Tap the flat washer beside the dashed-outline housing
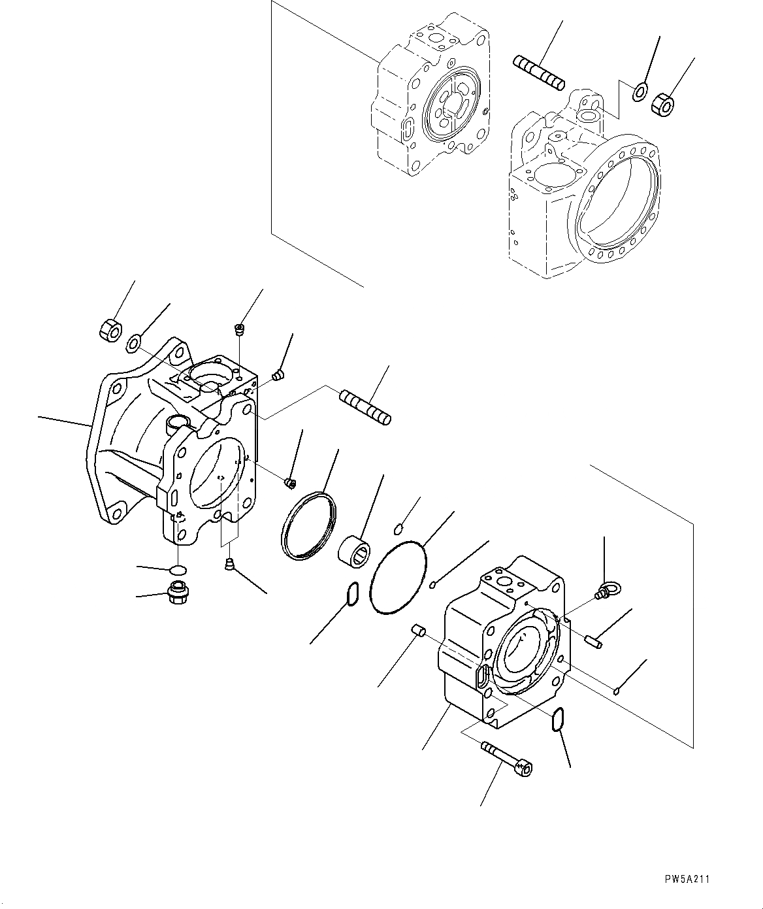coord(640,92)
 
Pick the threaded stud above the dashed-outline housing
coord(539,72)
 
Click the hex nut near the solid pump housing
coord(109,329)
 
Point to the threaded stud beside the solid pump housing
coord(365,406)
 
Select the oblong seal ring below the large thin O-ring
coord(351,595)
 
